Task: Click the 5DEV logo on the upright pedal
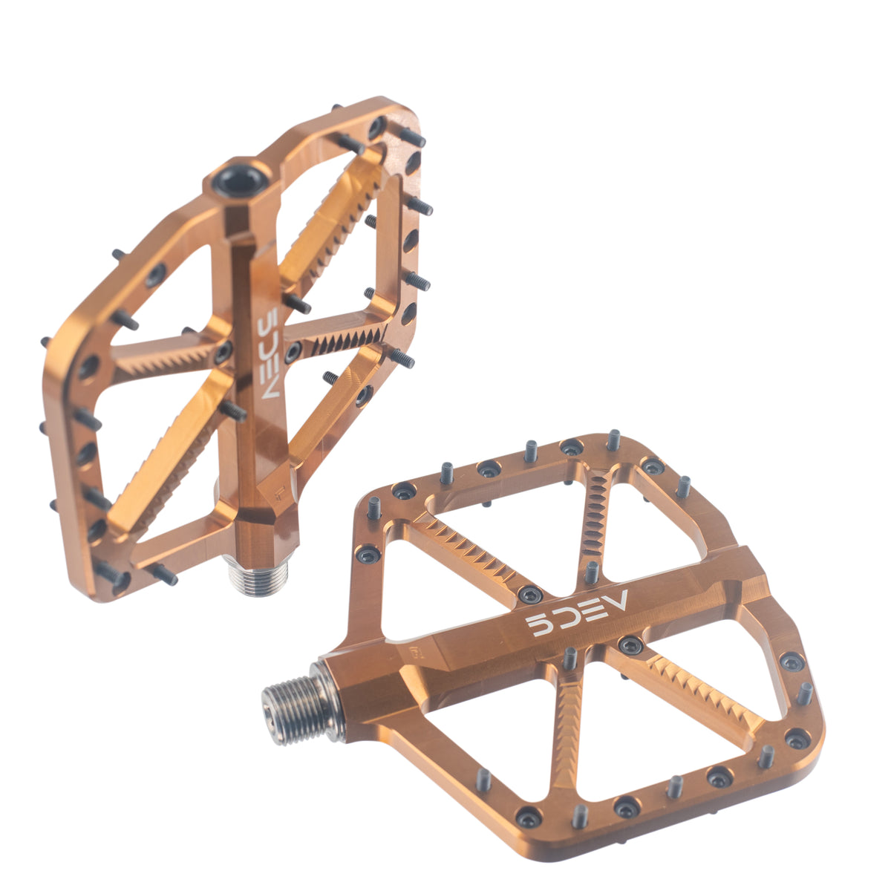268,353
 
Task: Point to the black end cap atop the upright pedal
241,180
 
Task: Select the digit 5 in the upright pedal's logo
268,318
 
